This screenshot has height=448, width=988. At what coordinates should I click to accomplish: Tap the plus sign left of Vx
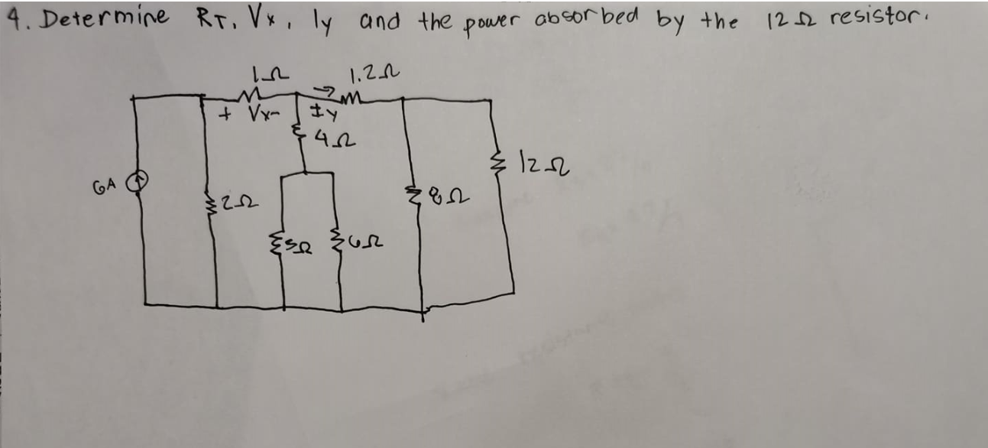pos(225,116)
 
